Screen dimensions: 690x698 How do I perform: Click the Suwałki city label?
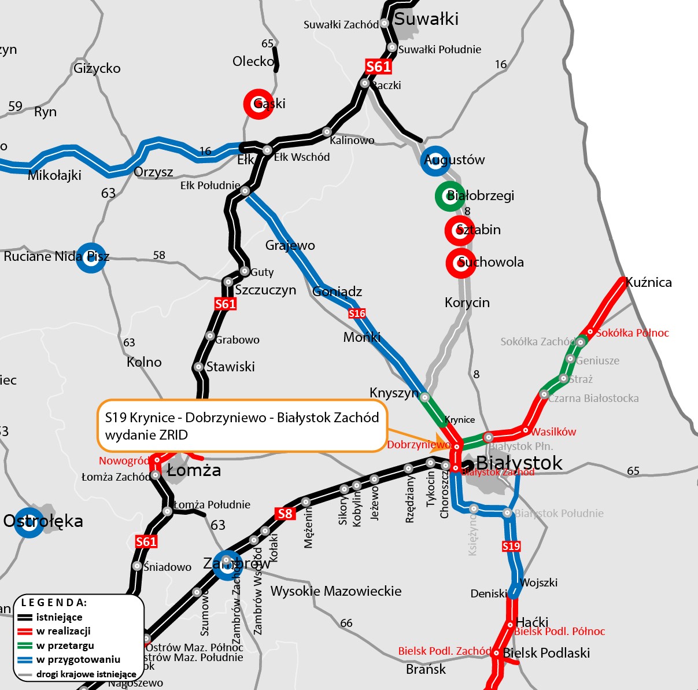[x=426, y=19]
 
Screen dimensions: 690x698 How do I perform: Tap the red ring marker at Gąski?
[x=258, y=104]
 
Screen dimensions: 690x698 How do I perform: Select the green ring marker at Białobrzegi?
[x=450, y=196]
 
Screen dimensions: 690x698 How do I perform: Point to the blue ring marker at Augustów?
[x=435, y=160]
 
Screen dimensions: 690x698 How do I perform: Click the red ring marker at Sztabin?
[x=460, y=230]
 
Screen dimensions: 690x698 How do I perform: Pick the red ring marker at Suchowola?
[x=461, y=263]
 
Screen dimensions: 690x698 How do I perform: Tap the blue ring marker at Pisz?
[x=91, y=257]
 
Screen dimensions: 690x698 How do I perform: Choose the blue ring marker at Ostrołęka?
[x=29, y=522]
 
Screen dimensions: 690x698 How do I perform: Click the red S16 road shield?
[x=357, y=313]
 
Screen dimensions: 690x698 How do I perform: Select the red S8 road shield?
[x=285, y=513]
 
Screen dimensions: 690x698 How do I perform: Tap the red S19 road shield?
[x=511, y=546]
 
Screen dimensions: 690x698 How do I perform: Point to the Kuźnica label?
[x=649, y=283]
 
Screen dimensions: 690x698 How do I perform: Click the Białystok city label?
[x=519, y=463]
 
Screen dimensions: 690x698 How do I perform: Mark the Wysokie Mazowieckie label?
[x=336, y=591]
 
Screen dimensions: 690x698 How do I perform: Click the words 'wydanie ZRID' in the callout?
[x=146, y=435]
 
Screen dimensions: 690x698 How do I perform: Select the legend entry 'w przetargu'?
[x=65, y=645]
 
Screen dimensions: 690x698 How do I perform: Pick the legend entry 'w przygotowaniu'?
[x=78, y=659]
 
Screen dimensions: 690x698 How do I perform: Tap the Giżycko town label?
[x=97, y=69]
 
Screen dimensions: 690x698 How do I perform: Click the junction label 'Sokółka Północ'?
[x=632, y=333]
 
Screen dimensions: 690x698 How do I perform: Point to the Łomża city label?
[x=194, y=470]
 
